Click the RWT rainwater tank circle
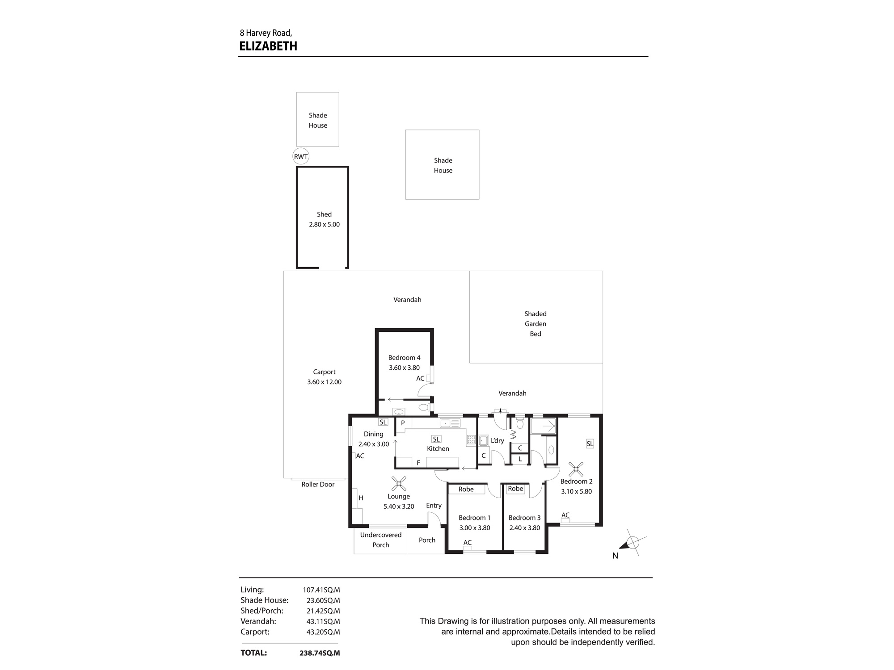click(301, 156)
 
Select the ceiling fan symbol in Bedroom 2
click(576, 469)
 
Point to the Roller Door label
click(318, 484)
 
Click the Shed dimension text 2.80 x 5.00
click(324, 224)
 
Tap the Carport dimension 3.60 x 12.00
click(324, 382)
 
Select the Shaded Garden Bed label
click(536, 324)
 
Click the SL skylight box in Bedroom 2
click(590, 444)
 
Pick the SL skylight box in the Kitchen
click(436, 439)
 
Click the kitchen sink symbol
click(450, 423)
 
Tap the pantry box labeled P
click(403, 423)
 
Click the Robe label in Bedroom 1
click(466, 489)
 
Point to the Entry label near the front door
click(434, 505)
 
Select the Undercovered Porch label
click(381, 540)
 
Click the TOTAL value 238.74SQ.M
click(320, 653)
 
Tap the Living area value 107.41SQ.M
click(321, 590)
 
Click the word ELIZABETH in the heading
click(268, 46)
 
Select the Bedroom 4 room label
click(404, 357)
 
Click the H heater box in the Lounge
click(360, 498)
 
